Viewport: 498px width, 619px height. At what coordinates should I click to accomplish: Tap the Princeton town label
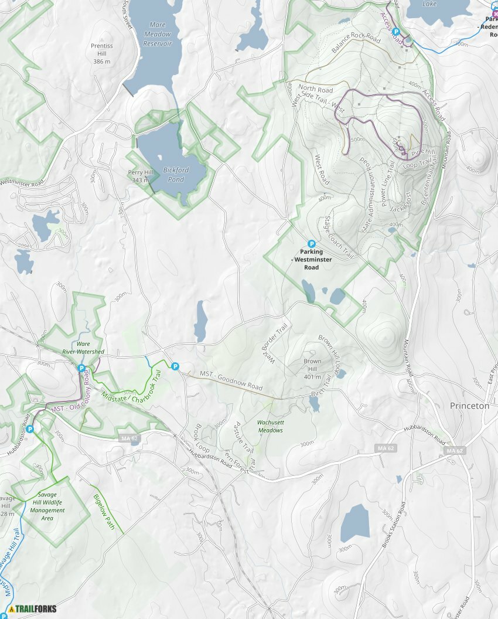tap(469, 406)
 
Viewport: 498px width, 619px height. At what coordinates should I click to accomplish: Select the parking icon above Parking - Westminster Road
tap(311, 243)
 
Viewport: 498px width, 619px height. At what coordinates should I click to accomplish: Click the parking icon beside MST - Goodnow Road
tap(175, 366)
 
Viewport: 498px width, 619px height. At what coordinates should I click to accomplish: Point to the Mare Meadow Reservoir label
tap(158, 34)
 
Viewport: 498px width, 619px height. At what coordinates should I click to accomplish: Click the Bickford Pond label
tap(176, 175)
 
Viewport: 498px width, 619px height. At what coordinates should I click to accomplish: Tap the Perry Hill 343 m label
tap(140, 176)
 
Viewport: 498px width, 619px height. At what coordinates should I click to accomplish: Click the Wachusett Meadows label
tap(270, 426)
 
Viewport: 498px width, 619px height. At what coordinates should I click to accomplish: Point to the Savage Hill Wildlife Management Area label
tap(48, 506)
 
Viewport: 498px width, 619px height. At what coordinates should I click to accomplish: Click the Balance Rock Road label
tap(356, 43)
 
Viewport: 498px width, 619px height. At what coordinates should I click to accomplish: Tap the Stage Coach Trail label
tap(340, 237)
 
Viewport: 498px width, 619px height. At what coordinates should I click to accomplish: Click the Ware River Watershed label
tap(83, 348)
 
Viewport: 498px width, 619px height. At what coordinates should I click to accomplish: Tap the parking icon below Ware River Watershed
tap(81, 368)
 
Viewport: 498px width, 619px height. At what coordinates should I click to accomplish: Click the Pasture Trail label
tap(243, 437)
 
